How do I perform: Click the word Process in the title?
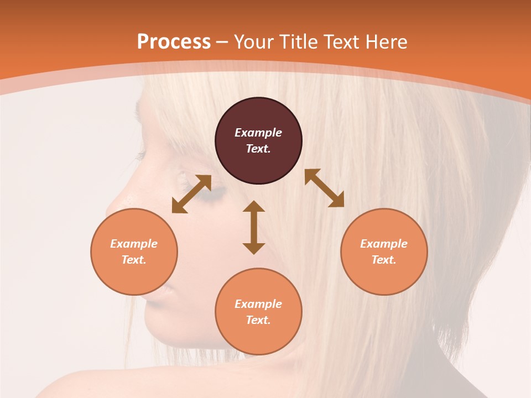click(174, 42)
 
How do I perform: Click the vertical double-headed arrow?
click(254, 227)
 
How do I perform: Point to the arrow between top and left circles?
click(191, 194)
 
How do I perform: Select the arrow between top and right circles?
click(324, 188)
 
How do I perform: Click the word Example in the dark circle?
click(258, 133)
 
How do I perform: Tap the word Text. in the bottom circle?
click(258, 320)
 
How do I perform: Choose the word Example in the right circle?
click(384, 244)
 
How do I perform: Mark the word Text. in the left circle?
click(134, 260)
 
